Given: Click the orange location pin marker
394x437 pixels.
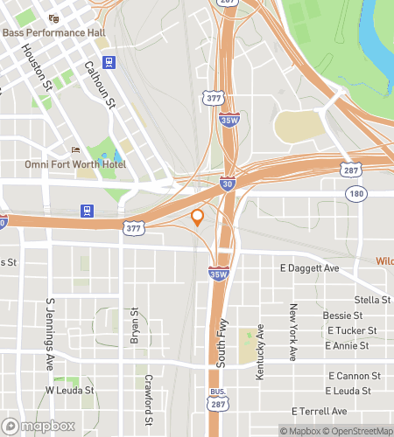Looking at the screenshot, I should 198,218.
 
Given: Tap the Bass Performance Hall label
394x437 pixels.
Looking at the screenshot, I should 53,32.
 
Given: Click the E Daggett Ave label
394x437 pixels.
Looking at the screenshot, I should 308,268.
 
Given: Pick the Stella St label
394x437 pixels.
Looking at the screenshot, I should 374,300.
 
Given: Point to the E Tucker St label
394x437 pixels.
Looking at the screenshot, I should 352,330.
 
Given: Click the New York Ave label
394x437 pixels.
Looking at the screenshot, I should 294,333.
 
